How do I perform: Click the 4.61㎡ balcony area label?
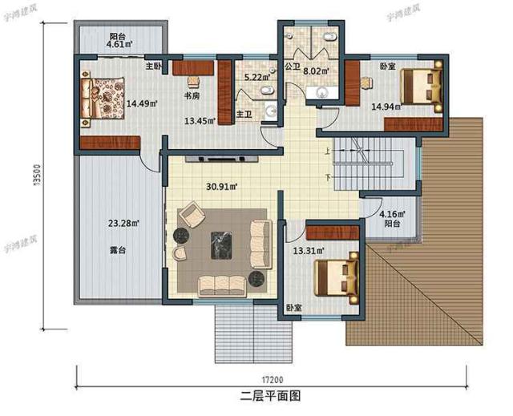pos(120,46)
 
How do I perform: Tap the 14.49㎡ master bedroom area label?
pos(141,103)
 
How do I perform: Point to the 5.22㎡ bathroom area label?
pos(256,78)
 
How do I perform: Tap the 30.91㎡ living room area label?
pos(219,187)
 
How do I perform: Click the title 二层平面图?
pos(269,395)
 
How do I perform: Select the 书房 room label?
pos(192,96)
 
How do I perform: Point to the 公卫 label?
pos(292,68)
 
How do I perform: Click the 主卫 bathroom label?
pos(243,115)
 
